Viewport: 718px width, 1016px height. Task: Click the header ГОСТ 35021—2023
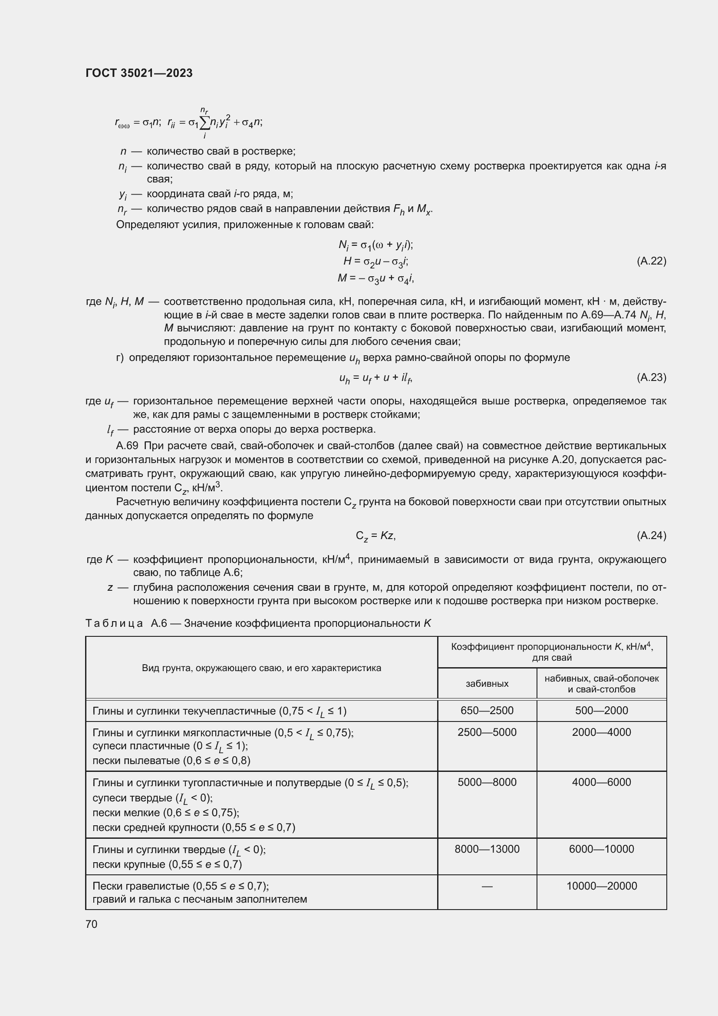pyautogui.click(x=139, y=73)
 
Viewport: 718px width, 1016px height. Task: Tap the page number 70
pyautogui.click(x=92, y=924)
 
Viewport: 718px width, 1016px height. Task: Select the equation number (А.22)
pyautogui.click(x=651, y=261)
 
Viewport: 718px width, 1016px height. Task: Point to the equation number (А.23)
pyautogui.click(x=651, y=377)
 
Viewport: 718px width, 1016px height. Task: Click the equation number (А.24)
pyautogui.click(x=651, y=536)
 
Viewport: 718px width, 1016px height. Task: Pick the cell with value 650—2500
pyautogui.click(x=487, y=710)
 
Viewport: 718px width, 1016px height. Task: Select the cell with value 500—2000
pyautogui.click(x=601, y=710)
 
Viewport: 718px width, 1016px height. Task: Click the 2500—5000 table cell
pyautogui.click(x=487, y=732)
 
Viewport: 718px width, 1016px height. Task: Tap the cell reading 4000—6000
pyautogui.click(x=601, y=782)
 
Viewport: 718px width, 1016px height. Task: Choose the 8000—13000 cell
pyautogui.click(x=487, y=849)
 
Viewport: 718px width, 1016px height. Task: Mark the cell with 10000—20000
pyautogui.click(x=601, y=886)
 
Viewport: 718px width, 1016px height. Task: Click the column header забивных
pyautogui.click(x=487, y=684)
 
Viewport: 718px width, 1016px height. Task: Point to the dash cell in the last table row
pyautogui.click(x=487, y=886)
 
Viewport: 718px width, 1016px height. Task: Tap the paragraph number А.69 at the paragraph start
pyautogui.click(x=127, y=446)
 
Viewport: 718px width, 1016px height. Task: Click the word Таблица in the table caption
pyautogui.click(x=114, y=623)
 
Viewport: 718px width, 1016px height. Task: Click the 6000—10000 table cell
pyautogui.click(x=601, y=849)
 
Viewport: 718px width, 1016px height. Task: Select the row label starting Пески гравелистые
pyautogui.click(x=181, y=886)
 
